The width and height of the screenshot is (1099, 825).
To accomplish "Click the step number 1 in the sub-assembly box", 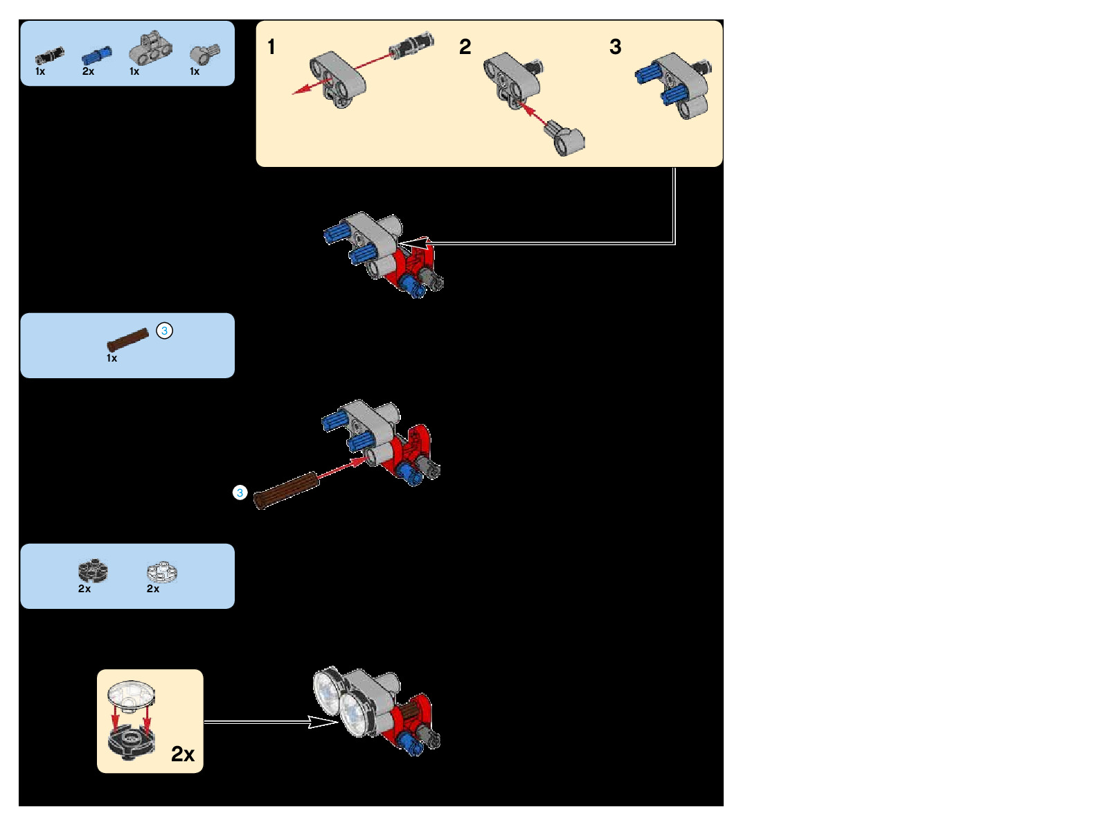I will (271, 47).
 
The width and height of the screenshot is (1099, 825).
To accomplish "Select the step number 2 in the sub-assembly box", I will (465, 47).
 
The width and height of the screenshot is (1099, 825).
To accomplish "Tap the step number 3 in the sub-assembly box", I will (615, 47).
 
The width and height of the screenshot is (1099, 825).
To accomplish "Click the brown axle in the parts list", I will (127, 339).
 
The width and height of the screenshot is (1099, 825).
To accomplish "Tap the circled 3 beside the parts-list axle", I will (164, 330).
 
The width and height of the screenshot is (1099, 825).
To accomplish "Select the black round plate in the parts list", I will (92, 571).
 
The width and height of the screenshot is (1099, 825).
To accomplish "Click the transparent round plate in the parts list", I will (161, 571).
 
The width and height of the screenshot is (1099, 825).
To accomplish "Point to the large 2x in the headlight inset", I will (183, 754).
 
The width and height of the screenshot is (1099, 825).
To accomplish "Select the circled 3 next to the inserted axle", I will (240, 493).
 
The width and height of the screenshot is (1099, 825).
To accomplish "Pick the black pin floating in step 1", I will (411, 44).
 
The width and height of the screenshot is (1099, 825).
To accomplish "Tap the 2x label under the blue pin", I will (88, 71).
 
